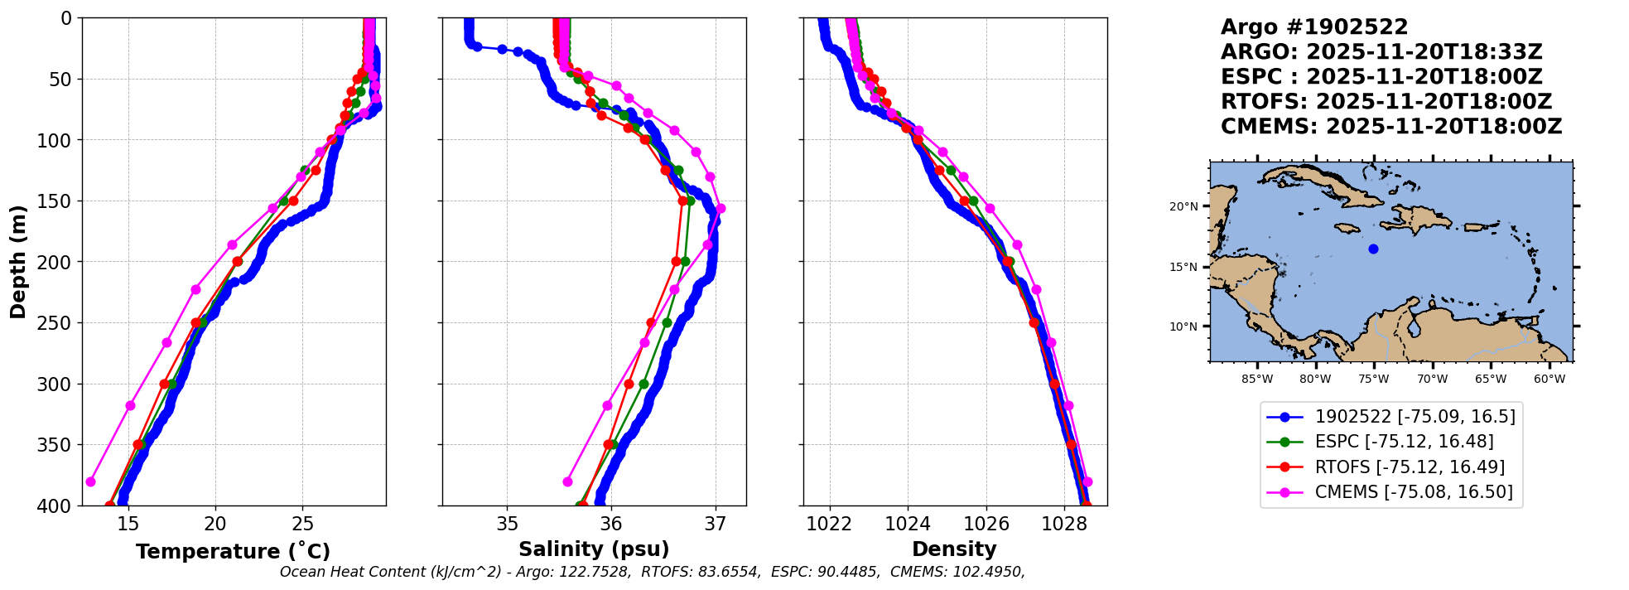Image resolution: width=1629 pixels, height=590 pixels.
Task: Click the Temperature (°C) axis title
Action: tap(233, 551)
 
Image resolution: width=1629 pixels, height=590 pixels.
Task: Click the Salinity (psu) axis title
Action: tap(594, 549)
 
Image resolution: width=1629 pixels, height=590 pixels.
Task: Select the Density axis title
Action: tap(954, 549)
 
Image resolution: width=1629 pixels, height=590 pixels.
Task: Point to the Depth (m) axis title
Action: tap(18, 261)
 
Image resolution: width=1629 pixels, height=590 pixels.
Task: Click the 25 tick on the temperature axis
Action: tap(303, 524)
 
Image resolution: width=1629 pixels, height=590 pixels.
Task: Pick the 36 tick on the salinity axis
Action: tap(611, 524)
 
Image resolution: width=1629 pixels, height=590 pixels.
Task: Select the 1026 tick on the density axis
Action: tap(986, 524)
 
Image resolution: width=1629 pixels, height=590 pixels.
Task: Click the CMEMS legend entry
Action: tap(1413, 492)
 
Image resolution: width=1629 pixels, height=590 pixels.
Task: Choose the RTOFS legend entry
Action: tap(1410, 467)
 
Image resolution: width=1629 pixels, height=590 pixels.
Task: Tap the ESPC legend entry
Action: tap(1404, 442)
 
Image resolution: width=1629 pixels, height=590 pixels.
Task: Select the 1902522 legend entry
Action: tap(1415, 417)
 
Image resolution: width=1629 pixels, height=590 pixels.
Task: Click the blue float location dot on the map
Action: tap(1373, 249)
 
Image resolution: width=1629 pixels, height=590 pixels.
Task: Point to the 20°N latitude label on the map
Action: tap(1183, 206)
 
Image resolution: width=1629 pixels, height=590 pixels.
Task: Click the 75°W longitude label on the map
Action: tap(1373, 380)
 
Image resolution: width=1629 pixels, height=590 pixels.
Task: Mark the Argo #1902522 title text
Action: tap(1314, 27)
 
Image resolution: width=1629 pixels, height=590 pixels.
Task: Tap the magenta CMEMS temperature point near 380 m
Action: tap(91, 481)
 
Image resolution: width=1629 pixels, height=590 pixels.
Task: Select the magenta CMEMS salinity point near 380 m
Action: tap(567, 481)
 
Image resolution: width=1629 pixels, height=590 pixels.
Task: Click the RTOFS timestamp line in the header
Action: tap(1386, 102)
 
